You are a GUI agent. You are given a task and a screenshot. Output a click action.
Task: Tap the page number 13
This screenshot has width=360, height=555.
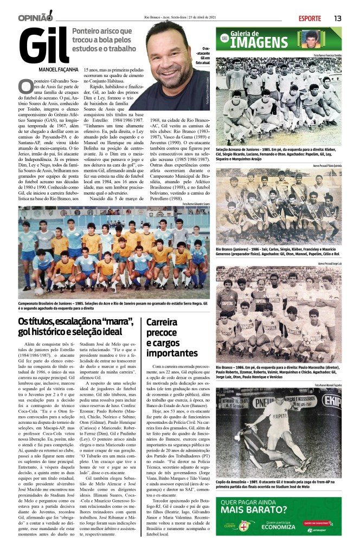[337, 18]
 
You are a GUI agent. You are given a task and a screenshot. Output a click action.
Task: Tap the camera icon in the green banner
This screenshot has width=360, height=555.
[223, 38]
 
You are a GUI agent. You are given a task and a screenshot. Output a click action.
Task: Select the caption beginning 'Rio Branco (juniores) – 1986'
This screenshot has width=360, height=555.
[279, 251]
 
